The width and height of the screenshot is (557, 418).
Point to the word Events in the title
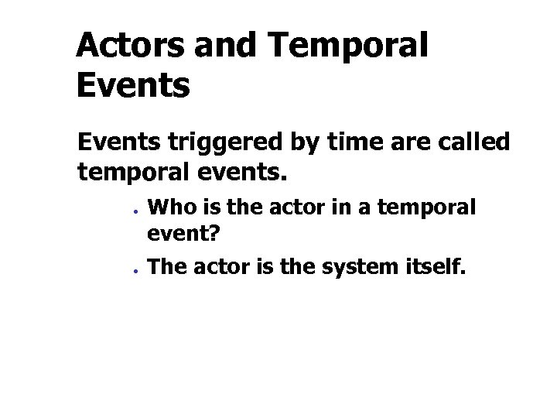pos(133,85)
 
